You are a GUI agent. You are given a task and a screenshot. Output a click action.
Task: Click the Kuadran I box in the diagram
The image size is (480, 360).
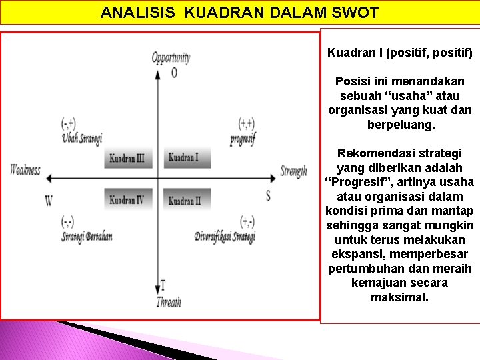click(x=186, y=158)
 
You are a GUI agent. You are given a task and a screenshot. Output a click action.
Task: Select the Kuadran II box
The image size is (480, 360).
click(x=186, y=200)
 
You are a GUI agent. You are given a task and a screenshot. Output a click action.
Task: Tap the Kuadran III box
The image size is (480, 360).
click(x=129, y=158)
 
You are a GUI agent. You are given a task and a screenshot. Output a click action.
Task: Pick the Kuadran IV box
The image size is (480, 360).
click(x=129, y=200)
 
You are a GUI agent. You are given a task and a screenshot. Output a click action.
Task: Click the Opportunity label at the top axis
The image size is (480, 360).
click(x=171, y=58)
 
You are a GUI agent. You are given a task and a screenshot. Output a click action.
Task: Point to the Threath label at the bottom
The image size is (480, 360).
click(x=169, y=302)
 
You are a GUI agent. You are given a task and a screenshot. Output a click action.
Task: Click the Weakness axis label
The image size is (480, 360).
click(x=25, y=170)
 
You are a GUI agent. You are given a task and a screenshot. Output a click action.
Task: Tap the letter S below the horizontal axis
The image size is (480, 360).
click(x=268, y=196)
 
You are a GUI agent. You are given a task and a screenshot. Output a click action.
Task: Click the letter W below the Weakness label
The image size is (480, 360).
click(x=49, y=200)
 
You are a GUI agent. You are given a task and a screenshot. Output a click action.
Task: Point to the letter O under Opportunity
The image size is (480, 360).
click(x=175, y=72)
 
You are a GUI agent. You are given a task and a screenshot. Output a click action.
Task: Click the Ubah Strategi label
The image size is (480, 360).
click(x=82, y=139)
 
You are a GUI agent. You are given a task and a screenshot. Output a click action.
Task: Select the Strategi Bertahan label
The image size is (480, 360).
click(x=87, y=237)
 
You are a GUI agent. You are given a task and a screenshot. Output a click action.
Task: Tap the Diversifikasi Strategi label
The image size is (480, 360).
click(x=225, y=237)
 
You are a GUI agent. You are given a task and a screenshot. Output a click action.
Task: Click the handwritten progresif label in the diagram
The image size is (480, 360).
click(x=243, y=139)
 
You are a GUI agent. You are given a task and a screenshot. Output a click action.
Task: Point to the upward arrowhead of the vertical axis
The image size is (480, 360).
click(x=158, y=73)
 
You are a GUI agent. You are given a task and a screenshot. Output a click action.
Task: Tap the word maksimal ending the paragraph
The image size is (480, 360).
click(x=399, y=297)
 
